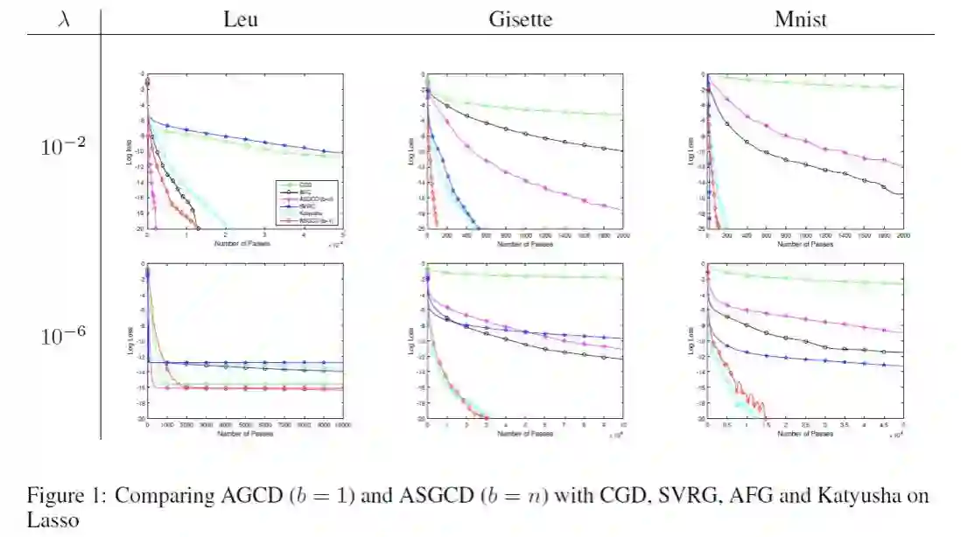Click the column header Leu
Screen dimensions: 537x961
(241, 18)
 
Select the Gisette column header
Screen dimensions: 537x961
(520, 18)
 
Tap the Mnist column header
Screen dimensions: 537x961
(801, 18)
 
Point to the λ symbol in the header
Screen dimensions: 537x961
(64, 18)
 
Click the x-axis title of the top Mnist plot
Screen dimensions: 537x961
(804, 245)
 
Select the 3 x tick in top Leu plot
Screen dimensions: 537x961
(264, 236)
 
